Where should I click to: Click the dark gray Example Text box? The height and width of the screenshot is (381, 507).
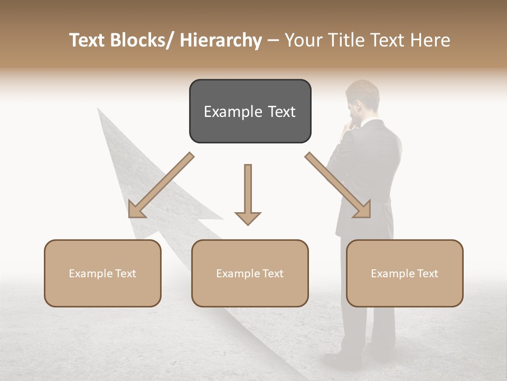point(250,111)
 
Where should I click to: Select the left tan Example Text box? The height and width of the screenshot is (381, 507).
point(102,273)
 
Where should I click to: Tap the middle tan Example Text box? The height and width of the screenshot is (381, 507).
point(250,273)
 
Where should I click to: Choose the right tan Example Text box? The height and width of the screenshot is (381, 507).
point(405,273)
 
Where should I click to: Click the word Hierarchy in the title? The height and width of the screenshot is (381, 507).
point(221,40)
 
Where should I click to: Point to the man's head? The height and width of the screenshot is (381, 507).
point(362,98)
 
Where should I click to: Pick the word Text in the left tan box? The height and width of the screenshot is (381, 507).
point(125,274)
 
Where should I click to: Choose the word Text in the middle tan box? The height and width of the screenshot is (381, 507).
point(273,274)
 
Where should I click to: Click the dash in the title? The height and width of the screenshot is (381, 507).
point(273,40)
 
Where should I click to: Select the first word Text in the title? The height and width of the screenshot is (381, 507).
point(88,40)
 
